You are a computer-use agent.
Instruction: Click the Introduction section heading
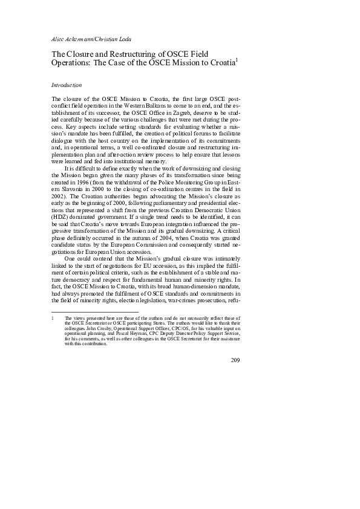click(66, 85)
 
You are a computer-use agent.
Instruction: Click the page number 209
click(235, 361)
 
